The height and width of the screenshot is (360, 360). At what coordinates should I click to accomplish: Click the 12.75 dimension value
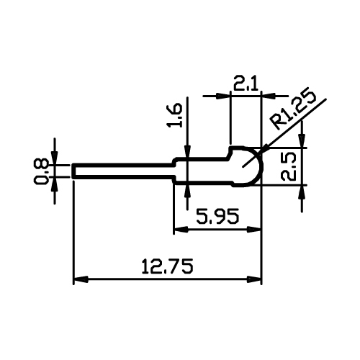(x=167, y=266)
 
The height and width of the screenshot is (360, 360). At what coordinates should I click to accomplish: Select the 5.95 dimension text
(x=217, y=216)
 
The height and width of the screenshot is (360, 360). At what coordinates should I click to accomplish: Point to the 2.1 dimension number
(x=246, y=83)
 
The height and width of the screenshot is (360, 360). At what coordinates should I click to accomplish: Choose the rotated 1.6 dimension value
(x=175, y=115)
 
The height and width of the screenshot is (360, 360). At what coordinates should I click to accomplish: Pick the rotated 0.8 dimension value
(x=40, y=171)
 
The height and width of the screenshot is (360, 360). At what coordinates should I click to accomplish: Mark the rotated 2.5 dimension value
(x=289, y=166)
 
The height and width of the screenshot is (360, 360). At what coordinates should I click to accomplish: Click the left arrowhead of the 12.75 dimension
(x=80, y=279)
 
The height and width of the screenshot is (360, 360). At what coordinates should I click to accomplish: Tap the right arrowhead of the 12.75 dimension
(x=254, y=279)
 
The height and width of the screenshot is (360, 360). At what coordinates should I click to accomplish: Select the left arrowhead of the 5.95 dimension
(x=181, y=230)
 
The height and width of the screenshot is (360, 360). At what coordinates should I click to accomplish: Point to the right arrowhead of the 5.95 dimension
(x=254, y=230)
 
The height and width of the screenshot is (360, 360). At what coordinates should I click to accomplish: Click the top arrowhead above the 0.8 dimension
(x=55, y=158)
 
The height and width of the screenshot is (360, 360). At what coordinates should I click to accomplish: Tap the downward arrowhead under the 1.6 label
(x=188, y=151)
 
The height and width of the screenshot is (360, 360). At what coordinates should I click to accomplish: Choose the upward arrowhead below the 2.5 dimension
(x=302, y=192)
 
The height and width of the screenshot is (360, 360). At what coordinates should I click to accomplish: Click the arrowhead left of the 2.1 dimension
(x=223, y=96)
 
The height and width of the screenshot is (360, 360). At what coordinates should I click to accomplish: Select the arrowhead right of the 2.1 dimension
(x=269, y=96)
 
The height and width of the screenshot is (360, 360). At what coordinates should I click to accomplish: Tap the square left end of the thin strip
(x=73, y=171)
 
